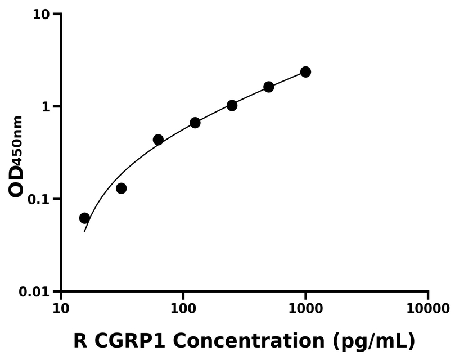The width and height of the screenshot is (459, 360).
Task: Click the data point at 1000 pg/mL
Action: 305,72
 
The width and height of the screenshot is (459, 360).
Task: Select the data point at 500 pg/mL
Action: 269,87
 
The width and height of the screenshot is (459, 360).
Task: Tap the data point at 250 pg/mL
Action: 232,105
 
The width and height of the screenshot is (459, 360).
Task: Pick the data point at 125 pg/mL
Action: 195,123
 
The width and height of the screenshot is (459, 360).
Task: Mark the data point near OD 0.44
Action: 158,139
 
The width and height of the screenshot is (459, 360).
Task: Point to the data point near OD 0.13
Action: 121,188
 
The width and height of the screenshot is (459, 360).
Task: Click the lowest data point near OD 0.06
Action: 84,218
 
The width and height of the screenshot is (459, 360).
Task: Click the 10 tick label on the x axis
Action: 61,309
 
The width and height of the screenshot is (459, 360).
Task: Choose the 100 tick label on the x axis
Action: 183,309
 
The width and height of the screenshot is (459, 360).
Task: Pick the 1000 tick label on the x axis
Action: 305,309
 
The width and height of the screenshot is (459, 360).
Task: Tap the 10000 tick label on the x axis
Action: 427,309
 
